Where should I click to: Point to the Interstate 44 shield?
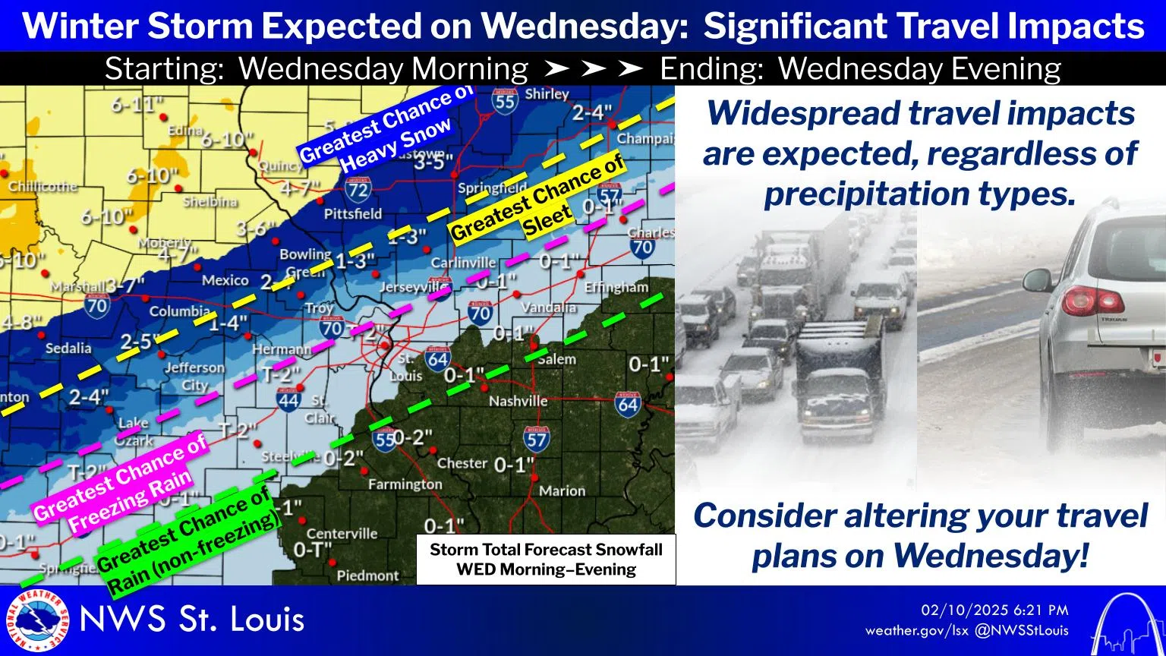point(288,400)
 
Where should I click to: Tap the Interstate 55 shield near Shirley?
point(504,100)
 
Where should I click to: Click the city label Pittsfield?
point(352,214)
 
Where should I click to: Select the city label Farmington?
point(405,484)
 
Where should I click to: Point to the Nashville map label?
point(518,401)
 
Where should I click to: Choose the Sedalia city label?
point(68,348)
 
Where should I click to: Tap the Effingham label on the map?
point(616,288)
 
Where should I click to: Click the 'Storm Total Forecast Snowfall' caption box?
point(546,560)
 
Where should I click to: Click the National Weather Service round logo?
point(36,620)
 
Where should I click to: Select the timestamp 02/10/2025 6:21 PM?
point(994,610)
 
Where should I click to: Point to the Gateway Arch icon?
point(1125,623)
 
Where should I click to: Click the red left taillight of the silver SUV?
point(1092,301)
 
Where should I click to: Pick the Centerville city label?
point(342,534)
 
